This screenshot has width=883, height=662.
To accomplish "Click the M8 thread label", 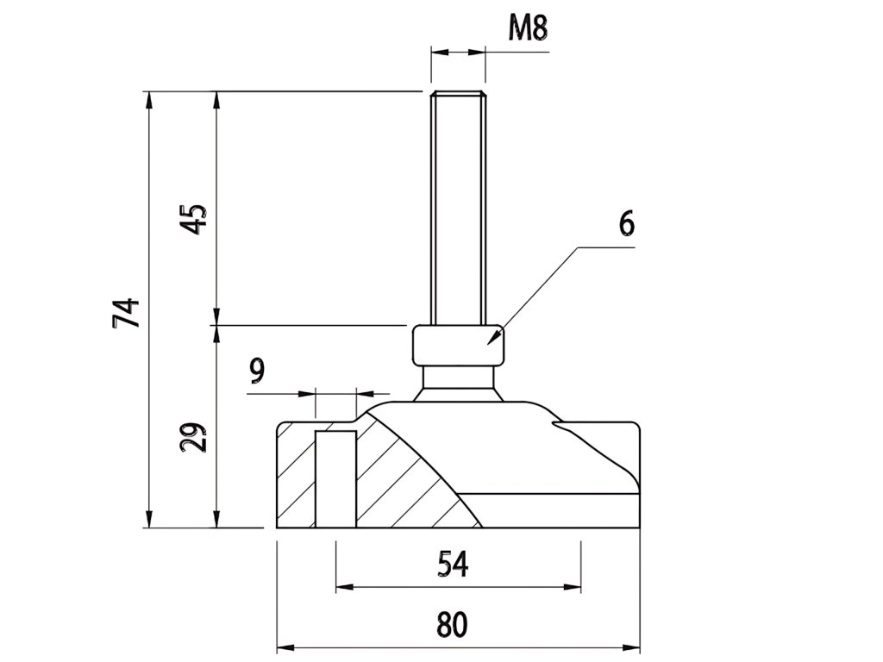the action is [x=529, y=28].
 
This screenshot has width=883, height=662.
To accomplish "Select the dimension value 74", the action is [x=126, y=312].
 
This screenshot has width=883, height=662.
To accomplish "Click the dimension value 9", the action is [x=257, y=372].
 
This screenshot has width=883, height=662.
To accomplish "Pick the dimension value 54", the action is [x=453, y=564].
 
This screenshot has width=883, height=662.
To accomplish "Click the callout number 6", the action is [x=626, y=222].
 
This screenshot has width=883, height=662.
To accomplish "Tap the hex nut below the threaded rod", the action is [x=458, y=345].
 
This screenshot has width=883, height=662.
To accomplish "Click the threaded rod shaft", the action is [x=458, y=207].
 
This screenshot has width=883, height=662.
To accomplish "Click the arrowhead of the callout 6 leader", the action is [x=493, y=340].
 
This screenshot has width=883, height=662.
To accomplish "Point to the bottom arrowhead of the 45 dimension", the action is [x=216, y=318].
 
